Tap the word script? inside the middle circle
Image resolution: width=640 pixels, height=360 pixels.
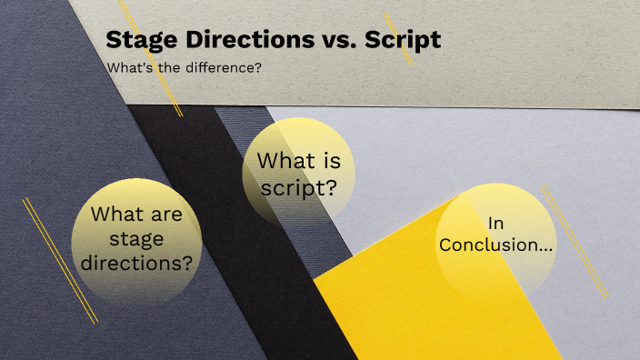300,188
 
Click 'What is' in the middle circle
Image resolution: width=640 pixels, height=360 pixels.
299,162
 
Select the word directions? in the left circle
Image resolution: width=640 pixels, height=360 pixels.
136,264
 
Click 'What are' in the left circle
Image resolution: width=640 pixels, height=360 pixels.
136,216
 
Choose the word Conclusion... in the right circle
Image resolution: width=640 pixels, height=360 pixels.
495,245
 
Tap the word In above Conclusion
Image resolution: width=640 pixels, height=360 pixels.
495,223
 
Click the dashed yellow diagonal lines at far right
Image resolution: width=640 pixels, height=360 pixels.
575,241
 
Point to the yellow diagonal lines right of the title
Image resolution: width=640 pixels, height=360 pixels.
398,38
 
